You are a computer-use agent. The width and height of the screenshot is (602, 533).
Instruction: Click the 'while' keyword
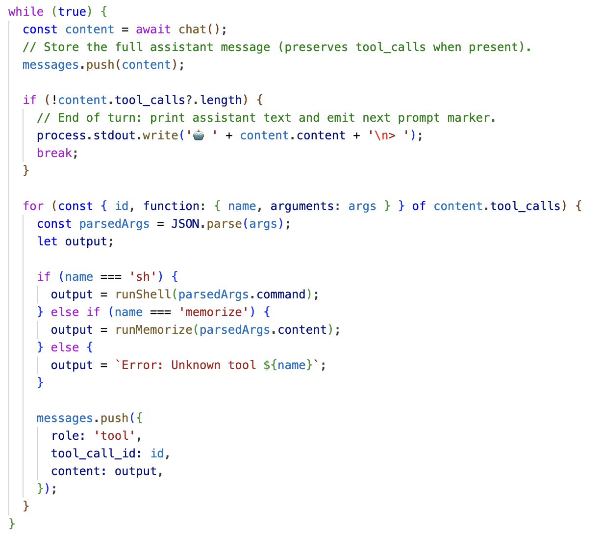[x=25, y=12]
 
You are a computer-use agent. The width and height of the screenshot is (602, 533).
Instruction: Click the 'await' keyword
[x=153, y=29]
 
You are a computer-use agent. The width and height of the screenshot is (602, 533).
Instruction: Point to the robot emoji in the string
[x=199, y=136]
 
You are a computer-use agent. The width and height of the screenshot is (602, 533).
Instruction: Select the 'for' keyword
[x=33, y=206]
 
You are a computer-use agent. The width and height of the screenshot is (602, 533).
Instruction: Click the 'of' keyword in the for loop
[x=419, y=206]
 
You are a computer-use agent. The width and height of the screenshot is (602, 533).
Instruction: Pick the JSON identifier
[x=185, y=224]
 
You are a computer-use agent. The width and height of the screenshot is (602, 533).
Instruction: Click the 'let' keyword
[x=47, y=241]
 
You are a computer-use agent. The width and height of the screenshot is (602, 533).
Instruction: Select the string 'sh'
[x=143, y=277]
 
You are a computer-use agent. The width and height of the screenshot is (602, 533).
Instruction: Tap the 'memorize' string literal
[x=214, y=312]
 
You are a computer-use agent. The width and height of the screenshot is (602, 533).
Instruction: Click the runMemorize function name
[x=153, y=330]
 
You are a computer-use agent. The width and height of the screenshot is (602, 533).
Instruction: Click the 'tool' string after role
[x=114, y=436]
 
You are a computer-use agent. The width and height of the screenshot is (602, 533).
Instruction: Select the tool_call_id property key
[x=93, y=453]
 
